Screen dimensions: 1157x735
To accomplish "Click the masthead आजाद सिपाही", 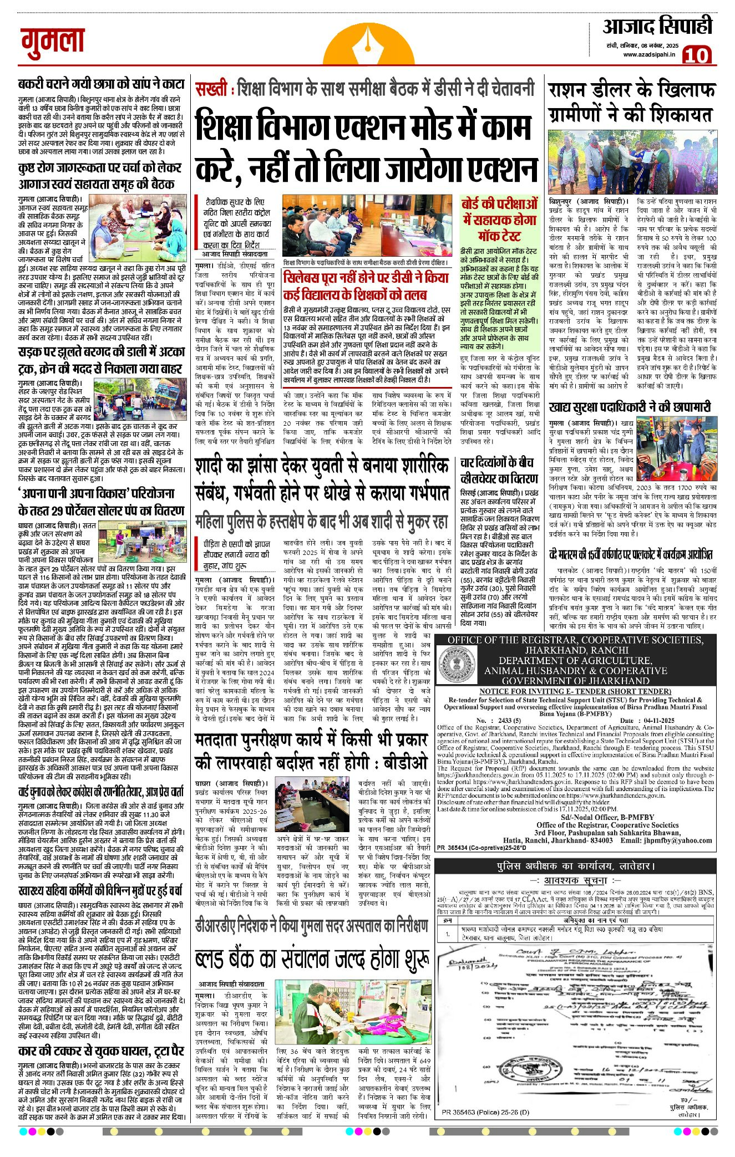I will pos(657,27).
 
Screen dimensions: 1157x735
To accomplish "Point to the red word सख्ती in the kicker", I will pos(211,89).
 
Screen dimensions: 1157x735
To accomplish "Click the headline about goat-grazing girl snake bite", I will pos(101,84).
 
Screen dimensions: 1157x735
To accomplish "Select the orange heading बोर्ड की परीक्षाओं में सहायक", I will pos(500,219).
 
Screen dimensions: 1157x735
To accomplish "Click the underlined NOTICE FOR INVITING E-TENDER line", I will pos(575,691).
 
